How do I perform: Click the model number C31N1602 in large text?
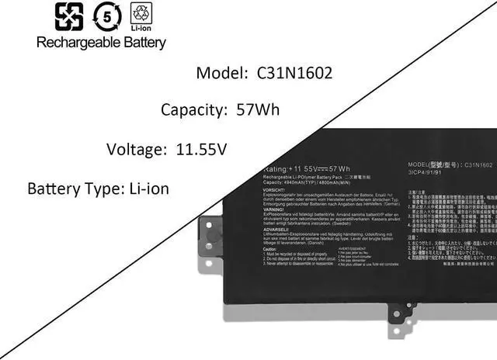[295, 74]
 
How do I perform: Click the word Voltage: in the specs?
[137, 148]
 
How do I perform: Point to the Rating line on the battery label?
[306, 168]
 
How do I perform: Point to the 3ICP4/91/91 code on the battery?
[425, 174]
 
